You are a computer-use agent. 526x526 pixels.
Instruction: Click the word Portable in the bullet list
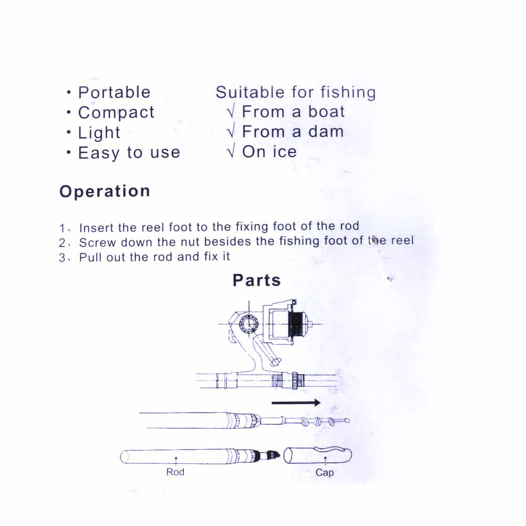point(114,93)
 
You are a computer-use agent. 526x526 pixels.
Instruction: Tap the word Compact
point(116,113)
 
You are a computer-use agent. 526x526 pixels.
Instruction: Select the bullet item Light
point(99,133)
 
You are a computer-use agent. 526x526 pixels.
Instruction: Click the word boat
point(327,112)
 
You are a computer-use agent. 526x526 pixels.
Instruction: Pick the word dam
point(326,132)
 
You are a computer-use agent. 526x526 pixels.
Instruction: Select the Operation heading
point(105,192)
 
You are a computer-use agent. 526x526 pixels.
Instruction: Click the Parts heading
point(256,281)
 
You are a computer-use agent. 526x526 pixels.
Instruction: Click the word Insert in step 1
point(97,228)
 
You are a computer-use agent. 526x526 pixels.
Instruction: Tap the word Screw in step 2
point(97,243)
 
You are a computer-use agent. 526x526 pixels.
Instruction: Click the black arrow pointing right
point(296,402)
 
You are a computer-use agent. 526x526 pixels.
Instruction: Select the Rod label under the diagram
point(175,472)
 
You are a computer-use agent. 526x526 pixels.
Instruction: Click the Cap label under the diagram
point(325,472)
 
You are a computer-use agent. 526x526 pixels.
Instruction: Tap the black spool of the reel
point(296,324)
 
